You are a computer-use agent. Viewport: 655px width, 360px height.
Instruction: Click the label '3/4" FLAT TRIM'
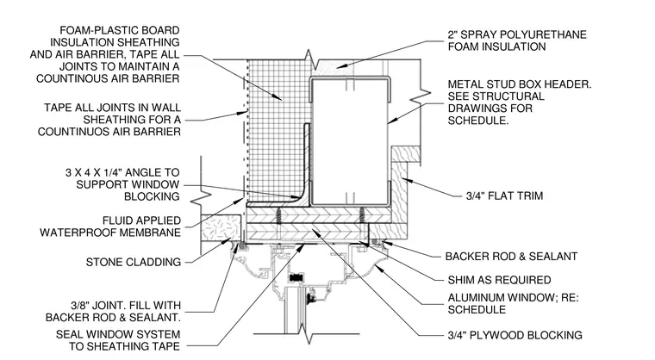coord(504,196)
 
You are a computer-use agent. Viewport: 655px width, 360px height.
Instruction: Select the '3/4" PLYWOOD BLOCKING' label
coord(515,335)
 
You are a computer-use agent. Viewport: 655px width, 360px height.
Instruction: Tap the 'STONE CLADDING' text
coord(134,263)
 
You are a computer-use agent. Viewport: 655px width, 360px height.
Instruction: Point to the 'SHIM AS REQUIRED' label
coord(499,280)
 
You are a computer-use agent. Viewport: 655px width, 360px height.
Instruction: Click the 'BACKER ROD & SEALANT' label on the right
coord(511,257)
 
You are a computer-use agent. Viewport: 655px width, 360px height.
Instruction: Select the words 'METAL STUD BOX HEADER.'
coord(520,84)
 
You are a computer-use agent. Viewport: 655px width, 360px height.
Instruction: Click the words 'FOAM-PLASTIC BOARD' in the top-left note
coord(120,30)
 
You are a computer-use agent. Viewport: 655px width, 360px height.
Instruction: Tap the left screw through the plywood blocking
coord(278,216)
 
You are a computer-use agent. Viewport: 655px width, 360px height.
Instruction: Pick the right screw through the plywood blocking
coord(362,216)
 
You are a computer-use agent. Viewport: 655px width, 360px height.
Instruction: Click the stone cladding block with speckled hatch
coord(221,227)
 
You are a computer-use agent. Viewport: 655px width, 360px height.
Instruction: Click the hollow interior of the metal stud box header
coord(349,142)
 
